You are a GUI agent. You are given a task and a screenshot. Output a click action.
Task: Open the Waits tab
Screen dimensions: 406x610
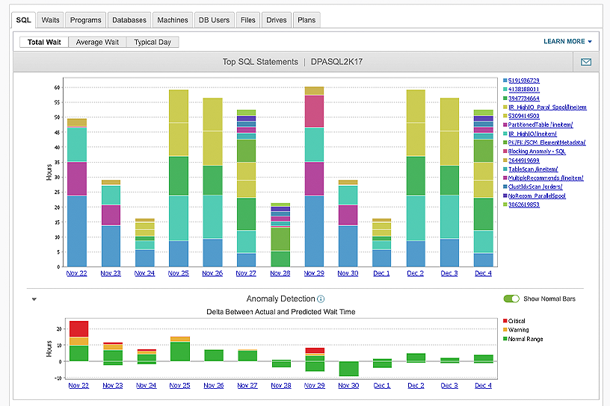pos(51,20)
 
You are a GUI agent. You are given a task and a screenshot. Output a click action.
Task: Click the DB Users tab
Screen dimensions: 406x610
pos(214,20)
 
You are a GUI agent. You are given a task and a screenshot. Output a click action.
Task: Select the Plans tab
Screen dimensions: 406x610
pos(306,20)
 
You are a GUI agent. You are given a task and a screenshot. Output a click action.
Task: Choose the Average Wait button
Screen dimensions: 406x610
pos(97,43)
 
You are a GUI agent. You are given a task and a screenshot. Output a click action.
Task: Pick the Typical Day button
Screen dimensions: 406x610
pos(152,43)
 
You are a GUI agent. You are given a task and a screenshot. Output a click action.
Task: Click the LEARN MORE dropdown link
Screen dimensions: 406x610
pos(567,42)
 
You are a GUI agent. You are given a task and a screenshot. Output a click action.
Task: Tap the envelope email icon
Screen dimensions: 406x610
pos(586,62)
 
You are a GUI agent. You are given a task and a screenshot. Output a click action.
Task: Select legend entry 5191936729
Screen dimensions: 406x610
pos(524,80)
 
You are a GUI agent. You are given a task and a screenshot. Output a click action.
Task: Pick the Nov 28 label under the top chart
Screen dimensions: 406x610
pos(280,273)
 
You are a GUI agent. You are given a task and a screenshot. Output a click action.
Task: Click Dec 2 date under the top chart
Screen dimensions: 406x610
pos(416,273)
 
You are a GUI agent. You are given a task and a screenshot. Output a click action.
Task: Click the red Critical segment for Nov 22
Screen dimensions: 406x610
pos(78,328)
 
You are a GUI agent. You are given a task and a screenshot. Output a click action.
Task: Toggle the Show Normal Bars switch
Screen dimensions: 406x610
pos(511,299)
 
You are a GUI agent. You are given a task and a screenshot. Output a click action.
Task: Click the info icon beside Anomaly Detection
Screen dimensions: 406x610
pos(321,299)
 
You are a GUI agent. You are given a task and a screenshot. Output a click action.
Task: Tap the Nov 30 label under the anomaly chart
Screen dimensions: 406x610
pos(348,385)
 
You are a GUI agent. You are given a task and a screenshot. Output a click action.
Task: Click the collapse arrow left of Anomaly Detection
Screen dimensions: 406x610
pos(34,299)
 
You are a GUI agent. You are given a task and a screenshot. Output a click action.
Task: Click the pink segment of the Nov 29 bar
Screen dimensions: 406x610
pos(315,111)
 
